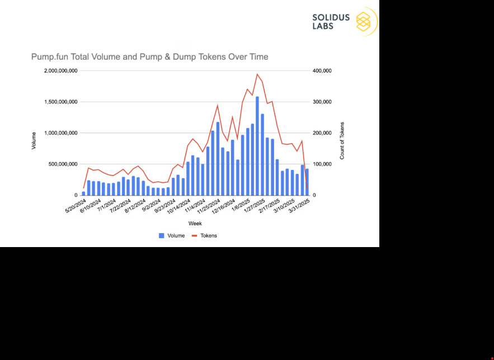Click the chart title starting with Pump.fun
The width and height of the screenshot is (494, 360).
pyautogui.click(x=150, y=57)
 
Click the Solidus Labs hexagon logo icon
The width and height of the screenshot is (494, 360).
pyautogui.click(x=364, y=22)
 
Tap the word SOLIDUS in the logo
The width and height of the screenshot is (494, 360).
pyautogui.click(x=331, y=17)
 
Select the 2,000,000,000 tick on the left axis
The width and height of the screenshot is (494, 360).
pyautogui.click(x=60, y=71)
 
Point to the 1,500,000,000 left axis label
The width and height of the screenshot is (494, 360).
pyautogui.click(x=60, y=102)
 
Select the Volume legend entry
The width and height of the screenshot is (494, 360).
pyautogui.click(x=172, y=236)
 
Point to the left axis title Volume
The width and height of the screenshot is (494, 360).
pyautogui.click(x=34, y=140)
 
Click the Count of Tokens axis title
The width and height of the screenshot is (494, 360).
pyautogui.click(x=342, y=140)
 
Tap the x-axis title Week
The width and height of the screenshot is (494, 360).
pyautogui.click(x=195, y=224)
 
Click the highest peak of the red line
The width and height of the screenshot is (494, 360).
pyautogui.click(x=257, y=74)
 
